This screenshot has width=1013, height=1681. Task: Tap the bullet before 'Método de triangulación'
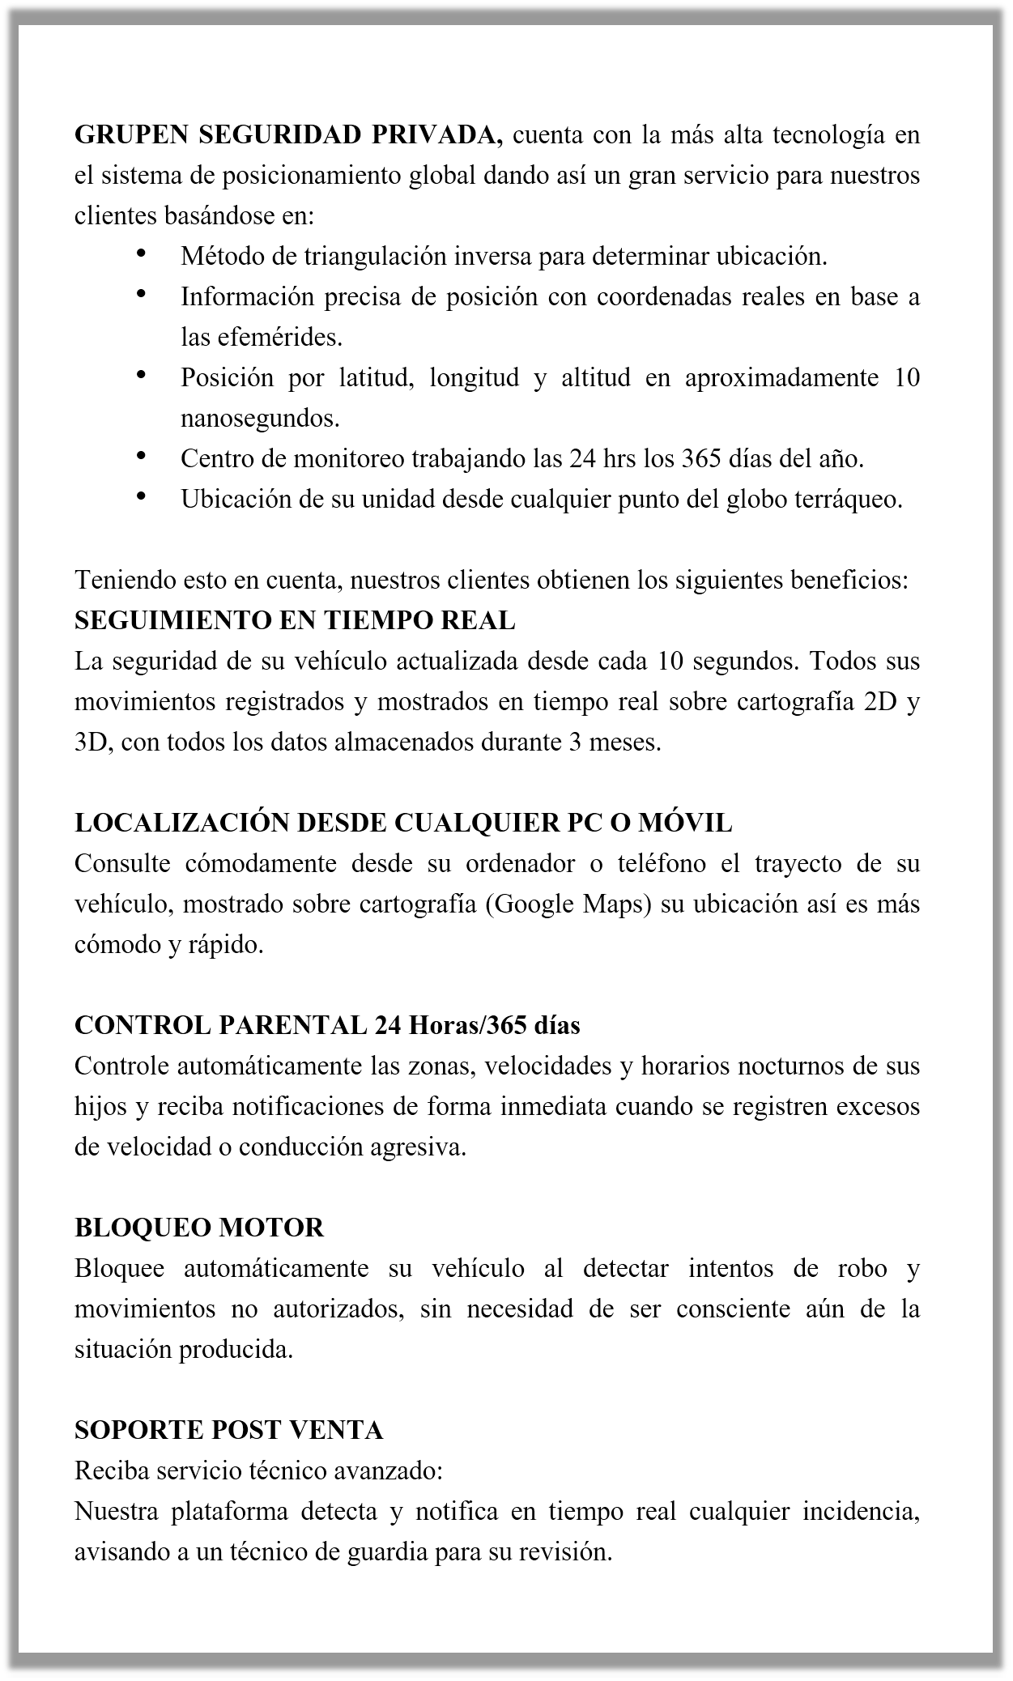coord(142,254)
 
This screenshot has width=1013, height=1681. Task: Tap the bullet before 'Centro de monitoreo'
coord(142,457)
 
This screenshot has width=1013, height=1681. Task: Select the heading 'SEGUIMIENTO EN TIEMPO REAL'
coord(295,621)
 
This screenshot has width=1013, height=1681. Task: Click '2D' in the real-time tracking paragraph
coord(881,702)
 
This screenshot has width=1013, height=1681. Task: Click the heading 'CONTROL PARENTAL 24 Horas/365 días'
coord(327,1026)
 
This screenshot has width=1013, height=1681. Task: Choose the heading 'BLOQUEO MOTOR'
coord(199,1228)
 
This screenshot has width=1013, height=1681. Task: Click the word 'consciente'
coord(733,1309)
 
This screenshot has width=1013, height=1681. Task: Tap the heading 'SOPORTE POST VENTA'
coord(229,1430)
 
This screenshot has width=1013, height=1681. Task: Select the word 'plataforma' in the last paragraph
coord(225,1512)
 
